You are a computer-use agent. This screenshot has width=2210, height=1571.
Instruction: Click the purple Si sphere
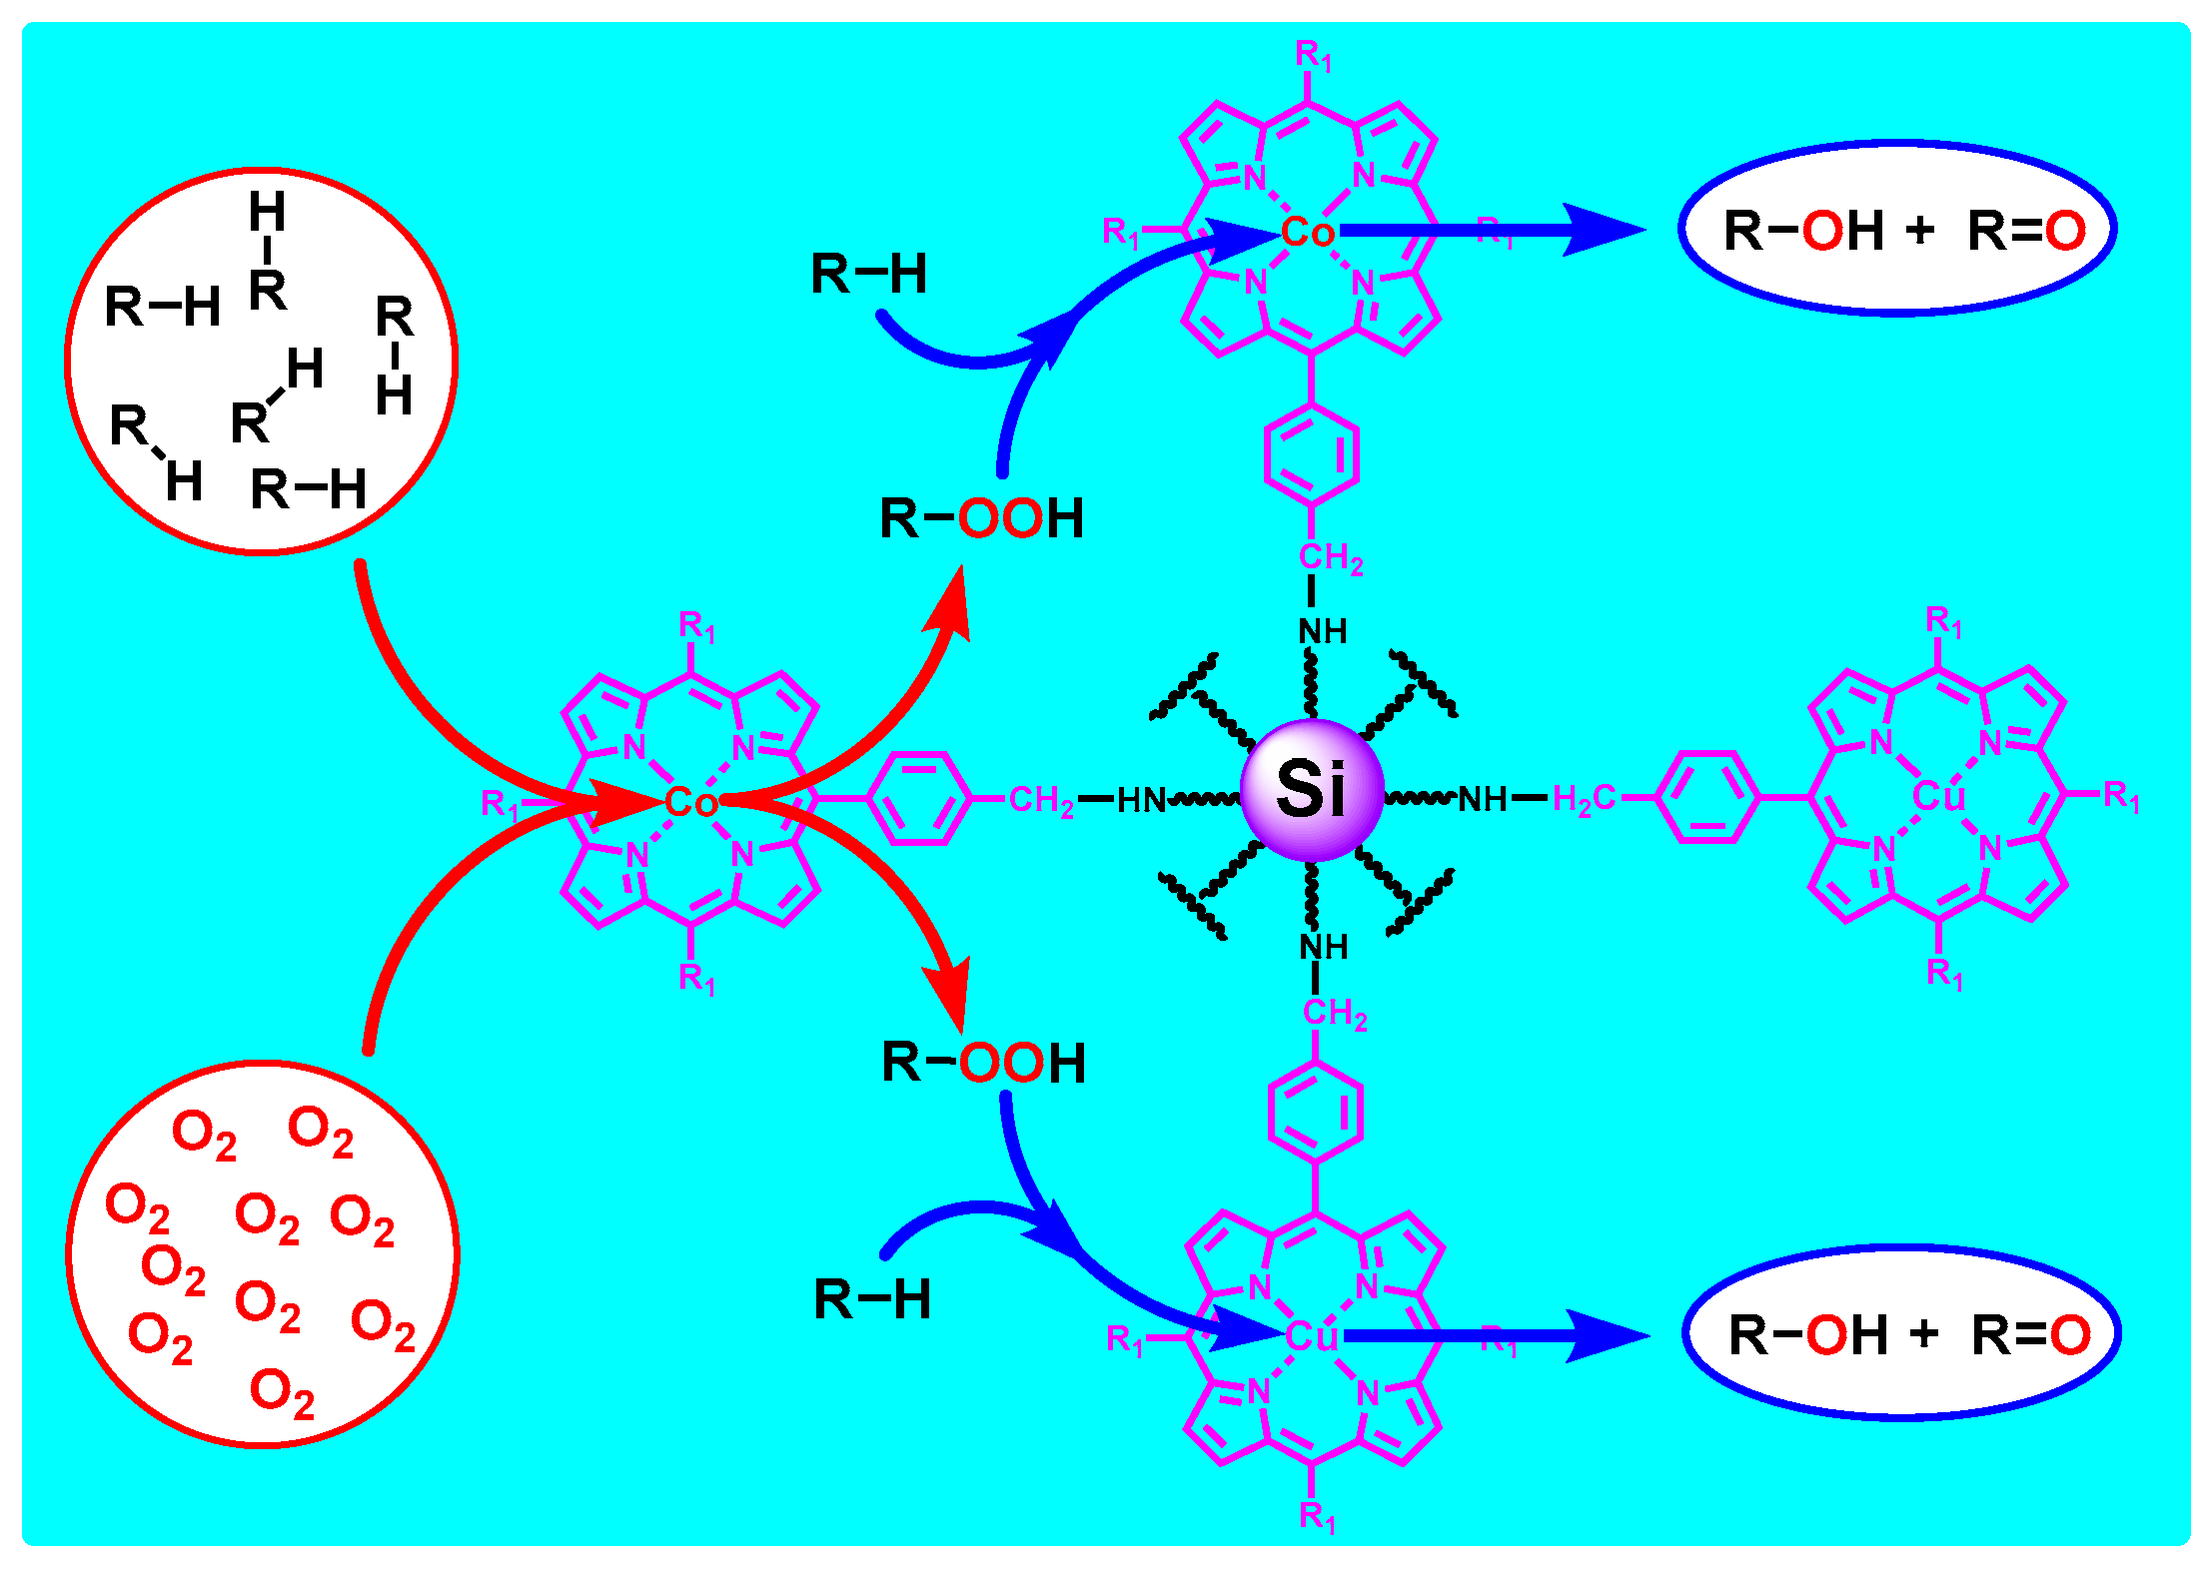pos(1312,789)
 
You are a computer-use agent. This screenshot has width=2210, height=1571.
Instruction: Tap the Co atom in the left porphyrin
pos(691,802)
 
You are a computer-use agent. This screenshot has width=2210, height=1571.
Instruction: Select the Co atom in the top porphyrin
pos(1308,232)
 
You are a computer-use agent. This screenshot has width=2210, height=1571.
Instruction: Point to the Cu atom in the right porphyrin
pos(1938,796)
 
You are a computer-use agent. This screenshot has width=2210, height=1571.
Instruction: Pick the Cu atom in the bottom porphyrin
pos(1311,1336)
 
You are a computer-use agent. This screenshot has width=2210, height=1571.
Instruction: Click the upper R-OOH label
pos(981,518)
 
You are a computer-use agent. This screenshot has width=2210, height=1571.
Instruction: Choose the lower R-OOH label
pos(983,1063)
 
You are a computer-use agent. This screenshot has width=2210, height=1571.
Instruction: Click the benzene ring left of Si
pos(920,799)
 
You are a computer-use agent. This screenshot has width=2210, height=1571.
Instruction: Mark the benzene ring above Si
pos(1312,454)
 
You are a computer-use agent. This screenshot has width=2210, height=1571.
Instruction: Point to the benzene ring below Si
pos(1316,1111)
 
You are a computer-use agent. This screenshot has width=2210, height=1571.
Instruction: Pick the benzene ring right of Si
pos(1707,797)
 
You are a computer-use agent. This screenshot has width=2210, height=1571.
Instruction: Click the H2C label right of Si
pos(1584,799)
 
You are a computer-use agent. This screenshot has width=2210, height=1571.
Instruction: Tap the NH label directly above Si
pos(1323,631)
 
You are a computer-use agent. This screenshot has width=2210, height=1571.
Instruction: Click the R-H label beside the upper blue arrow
pos(868,274)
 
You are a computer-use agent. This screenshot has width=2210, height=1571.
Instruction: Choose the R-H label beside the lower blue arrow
pos(872,1299)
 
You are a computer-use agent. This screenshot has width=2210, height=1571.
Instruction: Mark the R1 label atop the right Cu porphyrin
pos(1943,622)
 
